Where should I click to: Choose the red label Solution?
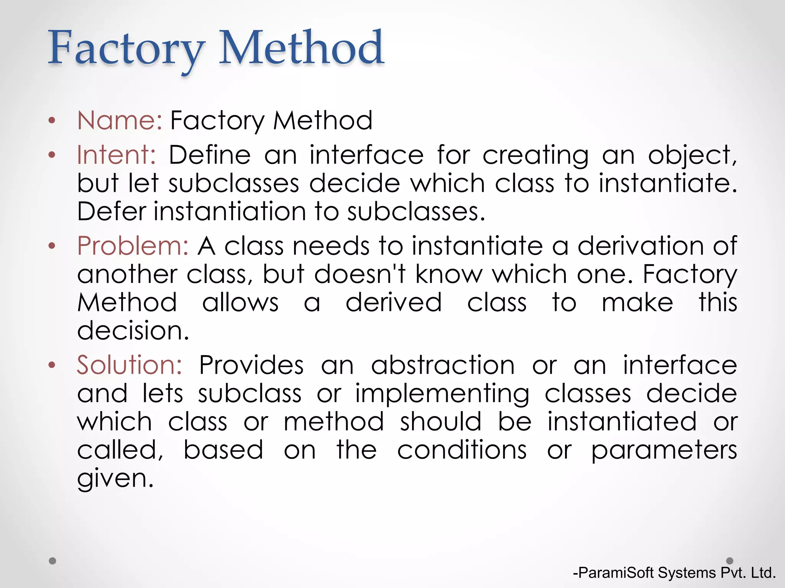click(130, 365)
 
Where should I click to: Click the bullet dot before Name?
click(52, 121)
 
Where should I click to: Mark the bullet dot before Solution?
click(52, 365)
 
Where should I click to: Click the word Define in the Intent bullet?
click(210, 155)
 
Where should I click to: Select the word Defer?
click(112, 212)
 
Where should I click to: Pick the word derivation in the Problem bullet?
click(641, 246)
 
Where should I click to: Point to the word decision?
click(133, 331)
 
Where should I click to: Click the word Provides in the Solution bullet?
click(251, 365)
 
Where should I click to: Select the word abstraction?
click(443, 365)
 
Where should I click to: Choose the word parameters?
click(664, 451)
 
